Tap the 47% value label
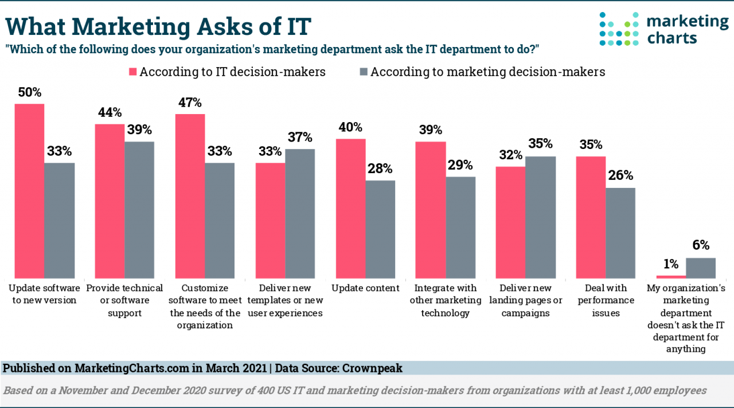pos(190,103)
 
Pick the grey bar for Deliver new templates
pos(300,213)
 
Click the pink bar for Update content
pos(350,209)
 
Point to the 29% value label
pos(460,165)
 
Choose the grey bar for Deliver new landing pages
pos(541,217)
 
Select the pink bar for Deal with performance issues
pos(591,217)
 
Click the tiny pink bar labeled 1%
pos(671,277)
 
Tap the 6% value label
pos(701,246)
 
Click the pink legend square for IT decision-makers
pos(131,72)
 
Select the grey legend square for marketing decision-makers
pos(362,72)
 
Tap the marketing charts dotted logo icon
pos(619,29)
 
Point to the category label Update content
pos(366,288)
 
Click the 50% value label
pos(29,92)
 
